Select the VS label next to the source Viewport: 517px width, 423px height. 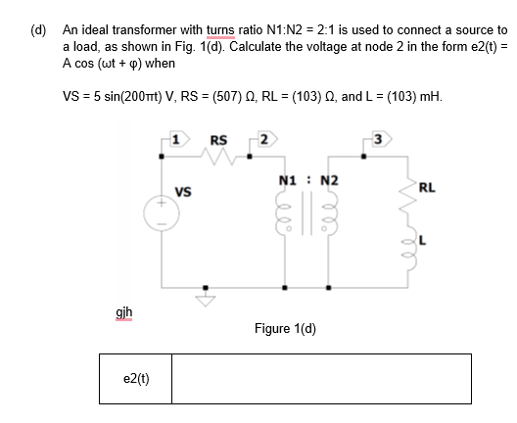click(x=182, y=191)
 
